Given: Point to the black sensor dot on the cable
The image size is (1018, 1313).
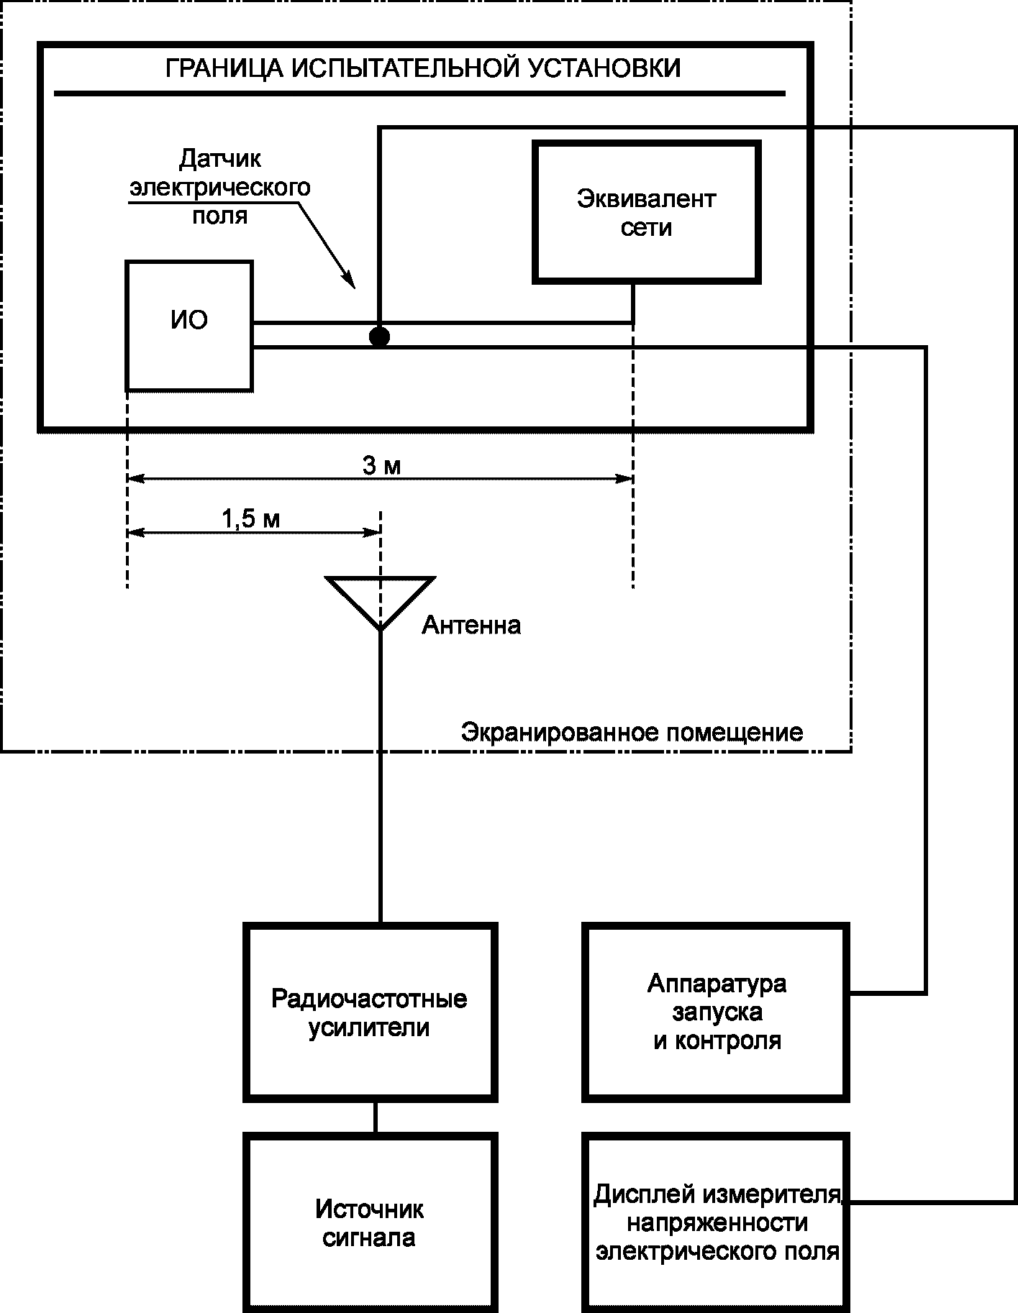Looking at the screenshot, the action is click(x=379, y=336).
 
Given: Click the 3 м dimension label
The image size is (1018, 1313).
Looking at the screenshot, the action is click(x=381, y=466).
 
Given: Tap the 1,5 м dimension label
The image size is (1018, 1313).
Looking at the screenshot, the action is click(x=251, y=519).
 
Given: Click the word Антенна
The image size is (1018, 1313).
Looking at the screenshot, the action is click(x=471, y=625).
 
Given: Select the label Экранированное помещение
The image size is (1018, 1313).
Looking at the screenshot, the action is click(x=632, y=733).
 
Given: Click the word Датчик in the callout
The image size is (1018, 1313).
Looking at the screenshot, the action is click(x=220, y=159).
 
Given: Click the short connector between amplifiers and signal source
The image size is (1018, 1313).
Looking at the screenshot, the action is click(x=375, y=1118).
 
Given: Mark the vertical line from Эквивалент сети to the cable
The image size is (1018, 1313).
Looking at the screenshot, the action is click(x=633, y=303).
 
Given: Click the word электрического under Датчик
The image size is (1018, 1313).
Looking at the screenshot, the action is click(x=219, y=188).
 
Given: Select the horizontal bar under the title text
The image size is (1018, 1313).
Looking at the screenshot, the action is click(x=420, y=93).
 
